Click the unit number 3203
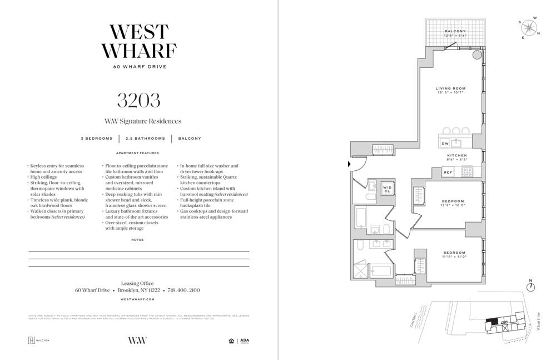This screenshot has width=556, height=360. click(x=138, y=100)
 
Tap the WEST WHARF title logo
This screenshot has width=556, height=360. click(x=138, y=41)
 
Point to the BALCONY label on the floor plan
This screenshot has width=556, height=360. click(x=455, y=31)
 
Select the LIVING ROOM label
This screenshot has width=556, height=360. click(x=450, y=88)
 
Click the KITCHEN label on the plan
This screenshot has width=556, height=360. click(x=457, y=155)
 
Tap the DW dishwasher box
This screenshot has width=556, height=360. click(x=445, y=144)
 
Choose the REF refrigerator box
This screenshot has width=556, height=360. click(x=448, y=172)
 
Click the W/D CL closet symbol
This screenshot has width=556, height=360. click(x=387, y=189)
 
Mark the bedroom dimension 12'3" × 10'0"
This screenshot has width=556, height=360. click(x=454, y=205)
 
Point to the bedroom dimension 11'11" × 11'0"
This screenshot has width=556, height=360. click(x=454, y=257)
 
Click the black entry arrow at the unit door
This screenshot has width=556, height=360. click(x=349, y=164)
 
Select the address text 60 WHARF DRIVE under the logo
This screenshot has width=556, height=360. click(x=138, y=67)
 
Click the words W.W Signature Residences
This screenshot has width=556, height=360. click(x=143, y=121)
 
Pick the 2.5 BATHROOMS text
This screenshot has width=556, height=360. click(x=145, y=139)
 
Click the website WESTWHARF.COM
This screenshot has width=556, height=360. click(x=138, y=299)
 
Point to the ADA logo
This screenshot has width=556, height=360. click(x=245, y=341)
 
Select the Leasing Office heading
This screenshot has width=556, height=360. click(x=137, y=283)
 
